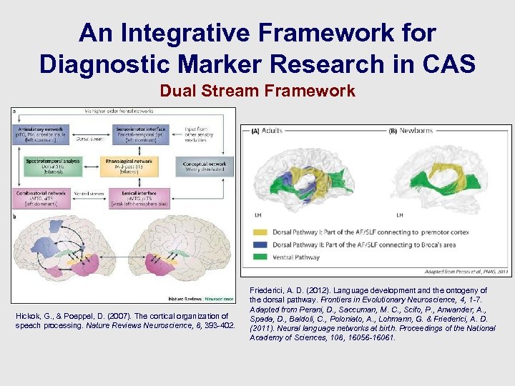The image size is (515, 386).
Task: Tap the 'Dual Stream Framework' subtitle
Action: (257, 91)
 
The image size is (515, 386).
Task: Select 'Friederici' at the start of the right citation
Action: (268, 290)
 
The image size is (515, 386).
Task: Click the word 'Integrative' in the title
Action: (186, 33)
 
